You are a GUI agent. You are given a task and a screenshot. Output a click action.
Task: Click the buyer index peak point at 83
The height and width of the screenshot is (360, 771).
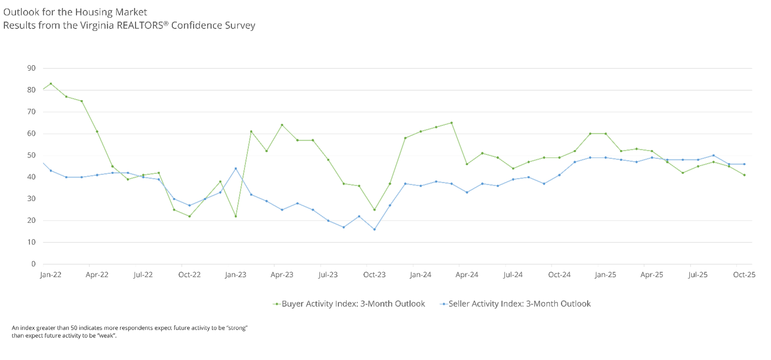pos(51,84)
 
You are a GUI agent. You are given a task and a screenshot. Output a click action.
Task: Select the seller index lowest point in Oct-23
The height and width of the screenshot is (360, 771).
pos(374,229)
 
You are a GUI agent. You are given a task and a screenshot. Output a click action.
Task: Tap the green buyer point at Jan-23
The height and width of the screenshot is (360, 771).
pos(236,216)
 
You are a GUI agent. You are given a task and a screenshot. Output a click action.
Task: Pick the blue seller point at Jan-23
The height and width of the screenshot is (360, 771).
pos(236,169)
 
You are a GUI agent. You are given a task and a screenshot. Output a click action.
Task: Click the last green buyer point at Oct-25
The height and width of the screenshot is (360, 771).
pos(744,175)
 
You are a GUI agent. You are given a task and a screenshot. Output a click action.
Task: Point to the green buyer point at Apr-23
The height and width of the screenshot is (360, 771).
pos(282,125)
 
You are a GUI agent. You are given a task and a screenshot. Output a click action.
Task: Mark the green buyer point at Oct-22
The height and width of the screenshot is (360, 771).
pos(190,216)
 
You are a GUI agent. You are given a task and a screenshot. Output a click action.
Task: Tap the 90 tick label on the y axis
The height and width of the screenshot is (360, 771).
pos(31,68)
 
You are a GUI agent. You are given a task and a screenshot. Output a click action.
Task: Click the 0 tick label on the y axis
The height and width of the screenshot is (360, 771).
pos(34,264)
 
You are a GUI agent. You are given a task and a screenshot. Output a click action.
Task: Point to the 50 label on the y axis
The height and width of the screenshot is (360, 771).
pos(31,155)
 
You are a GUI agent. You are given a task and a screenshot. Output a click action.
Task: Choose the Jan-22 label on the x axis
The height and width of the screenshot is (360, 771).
pos(51,275)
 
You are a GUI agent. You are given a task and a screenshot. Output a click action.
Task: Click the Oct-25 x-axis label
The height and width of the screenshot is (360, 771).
pos(744,275)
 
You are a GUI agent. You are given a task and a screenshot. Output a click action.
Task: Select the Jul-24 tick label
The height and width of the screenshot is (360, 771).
pos(513,275)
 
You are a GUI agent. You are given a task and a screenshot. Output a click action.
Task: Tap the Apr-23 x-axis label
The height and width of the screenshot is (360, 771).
pos(282,275)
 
